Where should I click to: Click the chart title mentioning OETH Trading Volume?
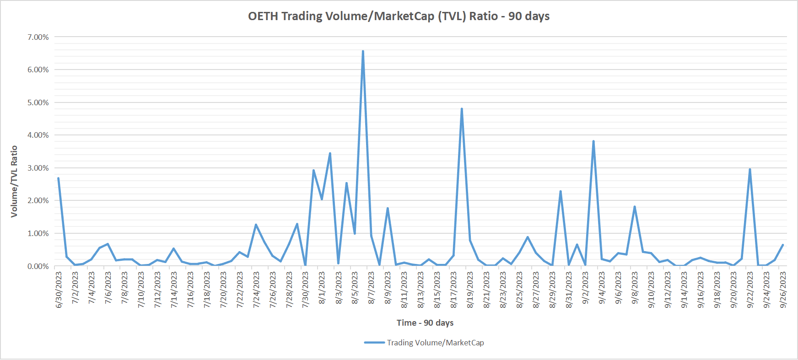399,16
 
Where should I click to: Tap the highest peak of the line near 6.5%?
363,51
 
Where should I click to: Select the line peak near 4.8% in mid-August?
462,109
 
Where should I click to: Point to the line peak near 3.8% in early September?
593,141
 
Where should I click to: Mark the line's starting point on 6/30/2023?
58,178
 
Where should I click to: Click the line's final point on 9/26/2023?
783,245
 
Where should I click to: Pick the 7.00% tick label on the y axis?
38,37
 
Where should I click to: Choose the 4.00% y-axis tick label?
38,135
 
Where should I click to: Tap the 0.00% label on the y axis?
38,266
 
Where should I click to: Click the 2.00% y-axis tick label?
38,200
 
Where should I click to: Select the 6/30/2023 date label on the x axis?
59,290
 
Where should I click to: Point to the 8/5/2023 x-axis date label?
355,288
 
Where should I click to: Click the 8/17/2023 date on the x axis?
453,290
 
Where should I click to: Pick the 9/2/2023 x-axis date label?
585,288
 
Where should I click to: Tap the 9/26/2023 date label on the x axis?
783,290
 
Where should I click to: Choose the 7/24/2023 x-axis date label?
256,290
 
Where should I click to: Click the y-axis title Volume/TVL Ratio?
14,181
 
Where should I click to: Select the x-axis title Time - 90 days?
425,323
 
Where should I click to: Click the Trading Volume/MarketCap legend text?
435,343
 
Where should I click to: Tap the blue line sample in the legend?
374,343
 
